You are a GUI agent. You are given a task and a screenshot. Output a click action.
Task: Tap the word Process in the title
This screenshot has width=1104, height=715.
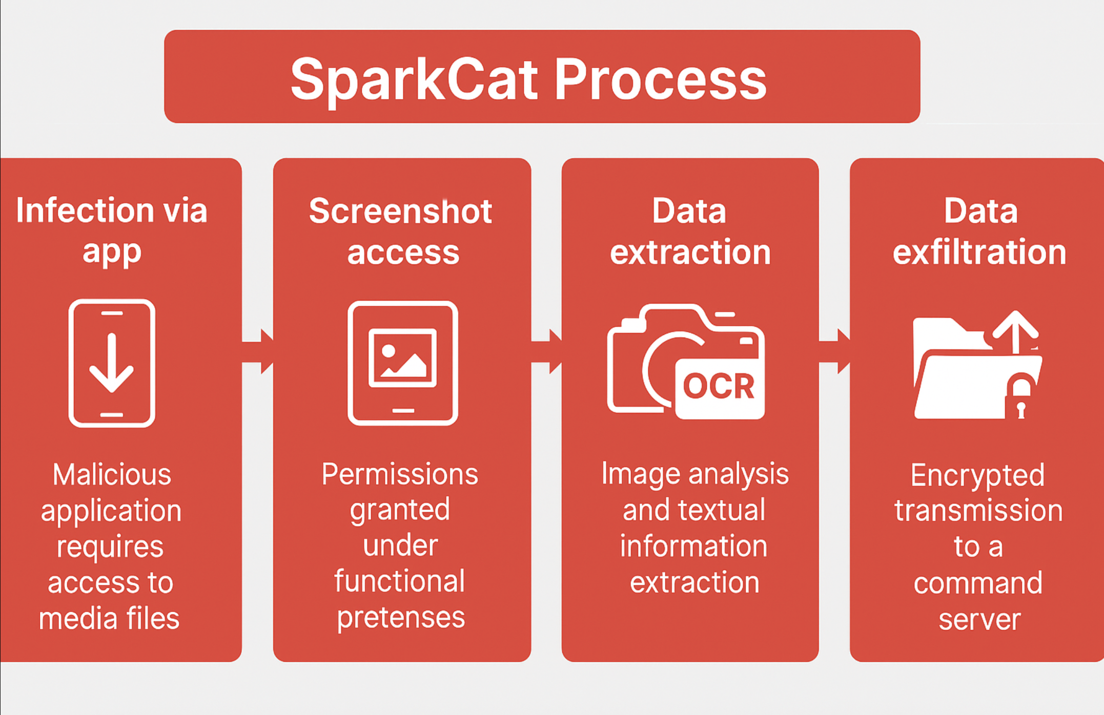coord(661,80)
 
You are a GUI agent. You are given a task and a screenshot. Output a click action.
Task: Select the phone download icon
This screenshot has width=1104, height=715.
coord(112,363)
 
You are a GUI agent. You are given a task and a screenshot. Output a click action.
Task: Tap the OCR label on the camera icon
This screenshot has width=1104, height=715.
coord(719,386)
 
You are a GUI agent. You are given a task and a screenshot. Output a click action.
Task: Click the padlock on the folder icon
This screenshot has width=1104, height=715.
coord(1021,395)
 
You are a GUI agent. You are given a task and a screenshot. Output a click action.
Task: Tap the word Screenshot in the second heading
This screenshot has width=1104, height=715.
coord(400,211)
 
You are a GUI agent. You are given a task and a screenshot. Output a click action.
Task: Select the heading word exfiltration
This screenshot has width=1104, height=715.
coord(979,252)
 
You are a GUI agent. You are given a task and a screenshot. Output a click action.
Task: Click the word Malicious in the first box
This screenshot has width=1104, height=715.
coord(112,475)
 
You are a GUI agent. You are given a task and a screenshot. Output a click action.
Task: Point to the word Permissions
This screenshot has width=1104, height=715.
coord(400,475)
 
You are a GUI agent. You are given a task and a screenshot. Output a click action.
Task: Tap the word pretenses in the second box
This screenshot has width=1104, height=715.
coord(401,618)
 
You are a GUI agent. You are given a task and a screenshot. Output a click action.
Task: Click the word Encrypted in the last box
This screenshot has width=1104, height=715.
coord(977,475)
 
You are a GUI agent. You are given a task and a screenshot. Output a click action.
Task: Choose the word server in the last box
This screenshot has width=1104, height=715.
coord(979,620)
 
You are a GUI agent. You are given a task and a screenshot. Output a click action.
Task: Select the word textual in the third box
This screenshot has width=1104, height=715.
coord(721,510)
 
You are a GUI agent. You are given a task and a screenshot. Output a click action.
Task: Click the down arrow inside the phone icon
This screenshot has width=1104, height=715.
coord(112,363)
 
